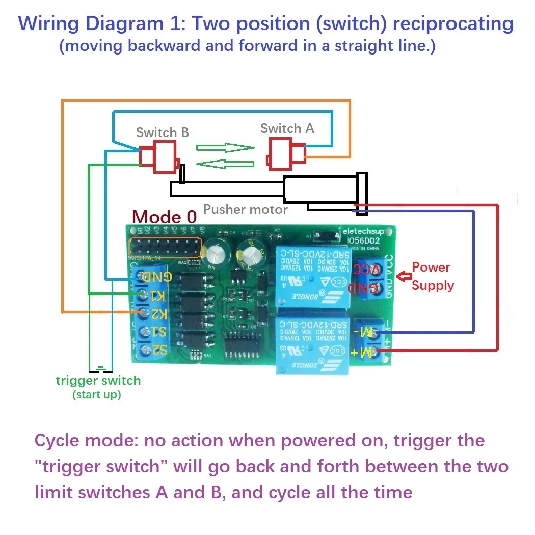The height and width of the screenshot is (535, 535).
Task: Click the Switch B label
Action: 162,132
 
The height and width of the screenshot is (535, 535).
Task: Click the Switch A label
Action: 287,128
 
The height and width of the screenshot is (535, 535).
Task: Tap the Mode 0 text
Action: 164,217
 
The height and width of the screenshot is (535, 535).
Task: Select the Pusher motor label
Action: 245,209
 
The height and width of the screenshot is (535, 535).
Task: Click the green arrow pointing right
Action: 225,148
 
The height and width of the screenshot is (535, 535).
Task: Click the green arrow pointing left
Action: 225,164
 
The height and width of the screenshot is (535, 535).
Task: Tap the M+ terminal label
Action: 363,351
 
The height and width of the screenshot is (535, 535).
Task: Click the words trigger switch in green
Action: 98,380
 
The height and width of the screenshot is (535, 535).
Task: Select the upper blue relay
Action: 312,275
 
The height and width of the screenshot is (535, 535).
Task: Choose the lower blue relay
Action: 312,344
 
